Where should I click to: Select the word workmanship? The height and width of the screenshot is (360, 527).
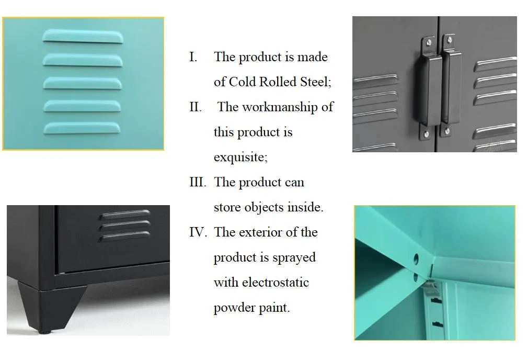(x=280, y=107)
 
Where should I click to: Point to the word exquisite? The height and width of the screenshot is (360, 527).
(x=240, y=157)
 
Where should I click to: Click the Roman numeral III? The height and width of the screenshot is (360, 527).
(x=198, y=182)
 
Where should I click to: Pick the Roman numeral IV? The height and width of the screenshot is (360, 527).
(x=198, y=232)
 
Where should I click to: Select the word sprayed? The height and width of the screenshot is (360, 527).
(x=294, y=258)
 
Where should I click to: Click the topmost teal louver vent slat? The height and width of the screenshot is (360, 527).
(x=83, y=36)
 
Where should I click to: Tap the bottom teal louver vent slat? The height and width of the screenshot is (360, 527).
(x=82, y=128)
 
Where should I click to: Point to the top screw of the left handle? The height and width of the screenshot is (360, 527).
(x=429, y=43)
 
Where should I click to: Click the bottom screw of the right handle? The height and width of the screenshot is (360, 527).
(x=447, y=131)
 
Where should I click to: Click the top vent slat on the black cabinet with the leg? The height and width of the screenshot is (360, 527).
(x=124, y=215)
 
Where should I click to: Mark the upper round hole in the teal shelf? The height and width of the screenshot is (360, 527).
(x=416, y=259)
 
